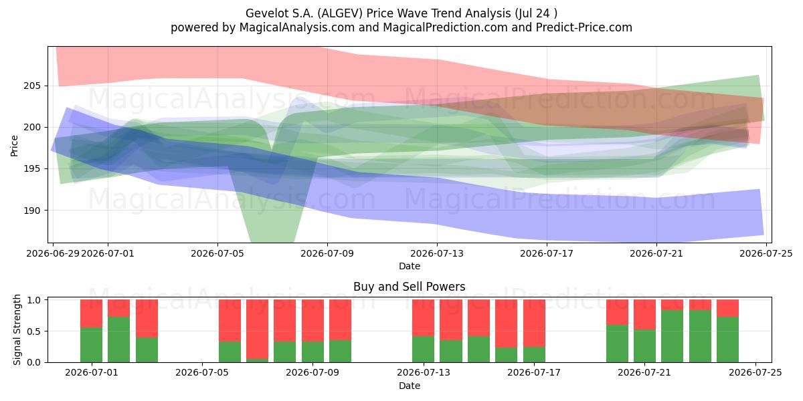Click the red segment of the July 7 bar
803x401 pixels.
point(257,329)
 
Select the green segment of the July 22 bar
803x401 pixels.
point(672,336)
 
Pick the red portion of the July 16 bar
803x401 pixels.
point(506,323)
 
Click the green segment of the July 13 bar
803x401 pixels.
point(423,349)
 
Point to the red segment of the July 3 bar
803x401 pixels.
point(147,318)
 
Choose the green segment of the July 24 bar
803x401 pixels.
point(728,340)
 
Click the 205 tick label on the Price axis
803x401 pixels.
point(32,86)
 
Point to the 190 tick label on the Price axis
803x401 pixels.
point(32,211)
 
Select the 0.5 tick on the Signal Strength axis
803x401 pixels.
point(34,331)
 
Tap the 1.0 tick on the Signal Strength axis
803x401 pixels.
point(34,299)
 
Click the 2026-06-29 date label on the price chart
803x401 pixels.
point(53,253)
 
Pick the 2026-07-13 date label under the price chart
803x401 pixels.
point(436,253)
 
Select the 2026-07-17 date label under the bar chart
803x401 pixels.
point(534,372)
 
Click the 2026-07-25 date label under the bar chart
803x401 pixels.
point(755,372)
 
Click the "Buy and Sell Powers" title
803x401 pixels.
point(410,287)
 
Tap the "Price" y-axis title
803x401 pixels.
point(14,146)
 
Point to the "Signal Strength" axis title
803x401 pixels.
point(17,329)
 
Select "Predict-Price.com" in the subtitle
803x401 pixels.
point(584,27)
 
